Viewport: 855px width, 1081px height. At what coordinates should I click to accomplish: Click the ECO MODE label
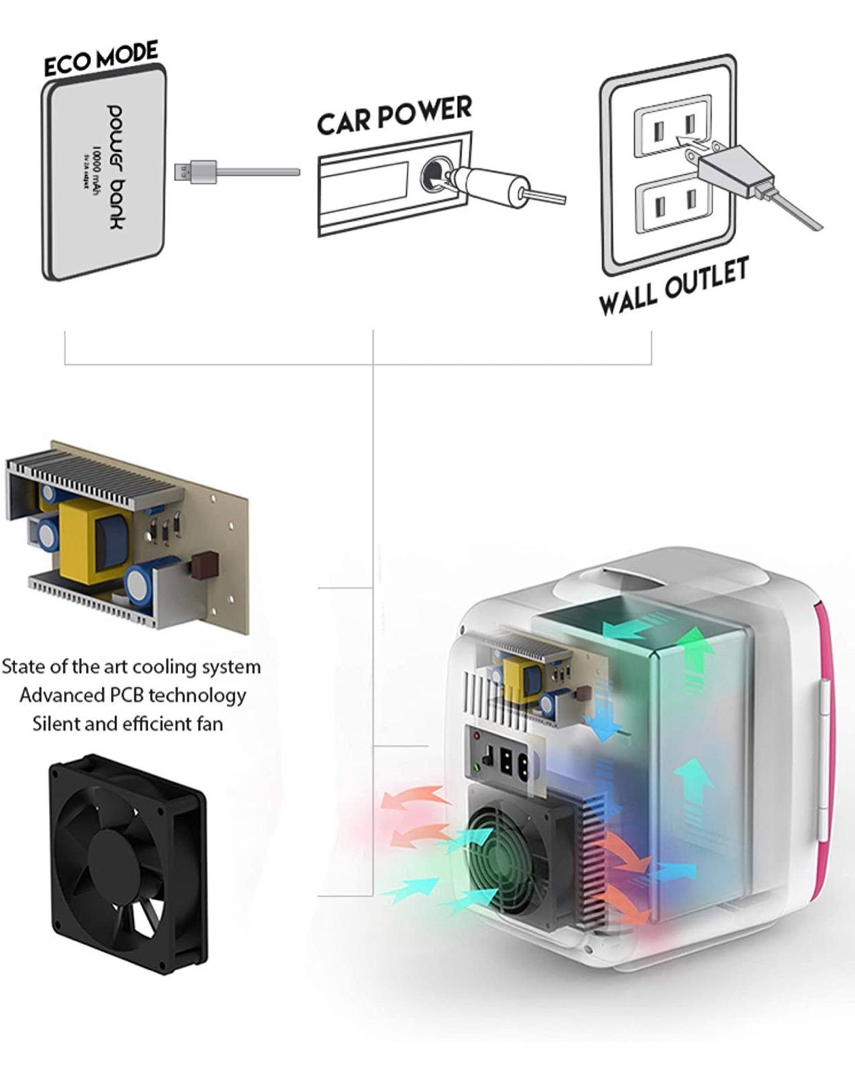101,59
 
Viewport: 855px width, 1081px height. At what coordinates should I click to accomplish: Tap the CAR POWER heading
394,114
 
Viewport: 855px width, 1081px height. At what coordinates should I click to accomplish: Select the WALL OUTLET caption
673,286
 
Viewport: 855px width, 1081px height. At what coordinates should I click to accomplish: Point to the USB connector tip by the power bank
183,170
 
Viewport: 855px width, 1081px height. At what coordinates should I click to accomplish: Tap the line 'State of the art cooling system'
131,667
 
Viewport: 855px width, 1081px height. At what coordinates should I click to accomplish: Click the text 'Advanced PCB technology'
132,695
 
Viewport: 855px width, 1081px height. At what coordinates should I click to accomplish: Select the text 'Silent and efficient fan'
128,724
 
